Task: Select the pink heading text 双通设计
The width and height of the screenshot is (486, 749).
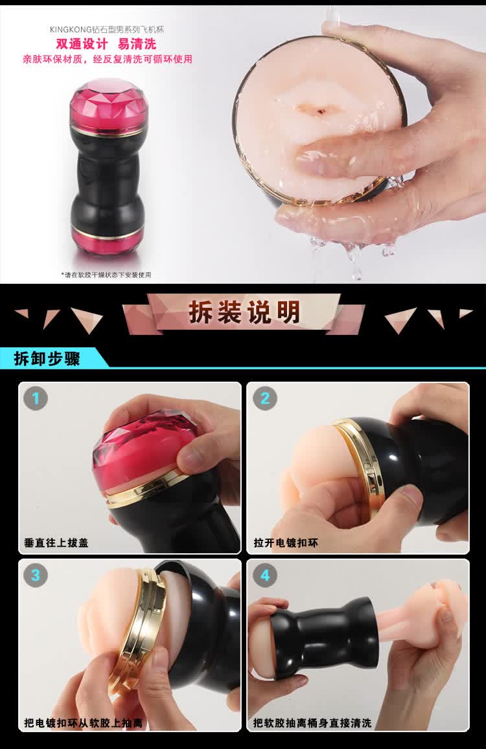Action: point(82,45)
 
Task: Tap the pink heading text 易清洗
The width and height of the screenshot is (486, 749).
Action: point(137,45)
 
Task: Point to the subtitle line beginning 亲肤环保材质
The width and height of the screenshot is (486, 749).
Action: point(108,59)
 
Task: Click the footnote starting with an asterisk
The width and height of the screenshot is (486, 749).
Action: point(106,275)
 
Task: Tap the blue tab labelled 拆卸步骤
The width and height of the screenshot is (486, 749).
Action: point(47,358)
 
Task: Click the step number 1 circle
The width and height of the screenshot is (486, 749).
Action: point(36,398)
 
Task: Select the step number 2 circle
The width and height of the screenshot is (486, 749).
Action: point(265,398)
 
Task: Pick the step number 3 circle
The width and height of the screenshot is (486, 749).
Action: point(36,575)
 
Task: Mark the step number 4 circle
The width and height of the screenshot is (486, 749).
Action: point(265,575)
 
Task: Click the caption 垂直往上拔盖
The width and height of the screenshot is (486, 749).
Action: point(56,543)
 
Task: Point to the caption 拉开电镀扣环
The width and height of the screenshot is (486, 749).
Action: point(286,543)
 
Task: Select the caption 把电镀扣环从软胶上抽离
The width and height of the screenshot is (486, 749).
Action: point(83,723)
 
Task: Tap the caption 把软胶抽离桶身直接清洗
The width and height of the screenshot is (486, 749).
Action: point(312,723)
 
